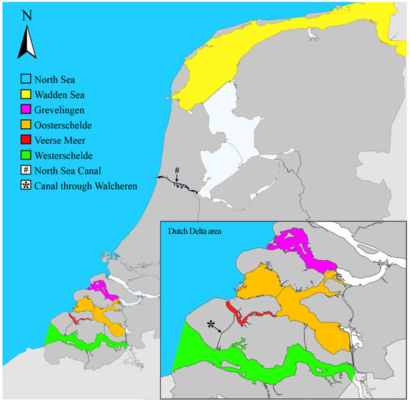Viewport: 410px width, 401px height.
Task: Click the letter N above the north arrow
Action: click(x=27, y=14)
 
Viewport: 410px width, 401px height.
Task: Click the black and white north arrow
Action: click(x=27, y=42)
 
